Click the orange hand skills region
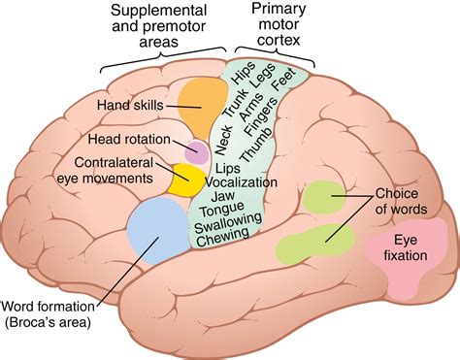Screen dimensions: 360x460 coord(201,102)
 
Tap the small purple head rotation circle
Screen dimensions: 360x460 coord(198,151)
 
